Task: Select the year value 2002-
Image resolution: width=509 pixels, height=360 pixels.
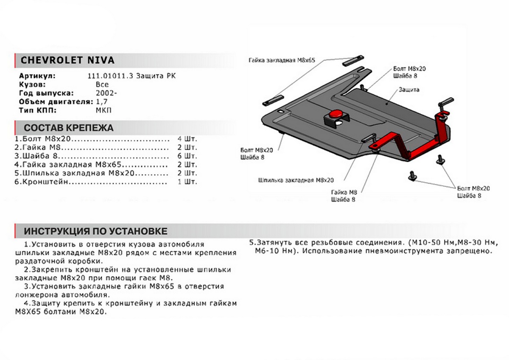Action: tap(104, 93)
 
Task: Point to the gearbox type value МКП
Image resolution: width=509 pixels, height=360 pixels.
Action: tap(103, 110)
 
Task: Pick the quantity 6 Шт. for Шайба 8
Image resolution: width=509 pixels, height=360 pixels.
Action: tap(188, 156)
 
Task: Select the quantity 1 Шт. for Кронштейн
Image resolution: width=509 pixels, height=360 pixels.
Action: tap(188, 182)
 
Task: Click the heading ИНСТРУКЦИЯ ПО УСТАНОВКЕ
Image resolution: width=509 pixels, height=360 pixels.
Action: tap(95, 231)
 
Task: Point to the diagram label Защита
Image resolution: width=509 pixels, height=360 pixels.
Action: tap(409, 90)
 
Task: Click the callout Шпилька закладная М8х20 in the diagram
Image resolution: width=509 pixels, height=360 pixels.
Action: tap(296, 180)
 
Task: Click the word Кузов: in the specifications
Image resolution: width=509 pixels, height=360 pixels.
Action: tap(31, 85)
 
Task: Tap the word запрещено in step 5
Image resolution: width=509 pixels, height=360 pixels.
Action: tap(470, 251)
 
